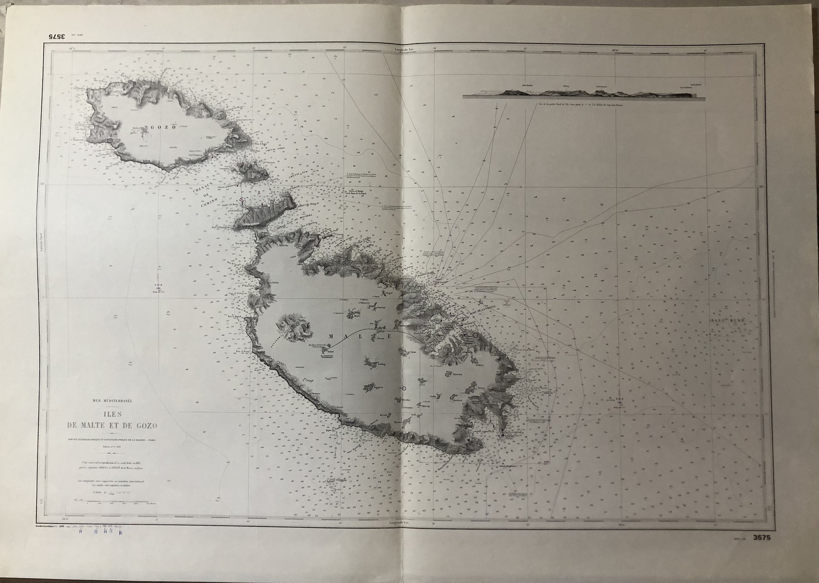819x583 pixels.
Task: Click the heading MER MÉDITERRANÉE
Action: click(x=112, y=401)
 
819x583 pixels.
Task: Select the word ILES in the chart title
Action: click(x=112, y=414)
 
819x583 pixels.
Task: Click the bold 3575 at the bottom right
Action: click(x=760, y=548)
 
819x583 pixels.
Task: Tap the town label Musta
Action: click(x=357, y=317)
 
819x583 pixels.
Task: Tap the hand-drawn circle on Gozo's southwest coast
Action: click(x=110, y=141)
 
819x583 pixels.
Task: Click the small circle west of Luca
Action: click(x=404, y=388)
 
